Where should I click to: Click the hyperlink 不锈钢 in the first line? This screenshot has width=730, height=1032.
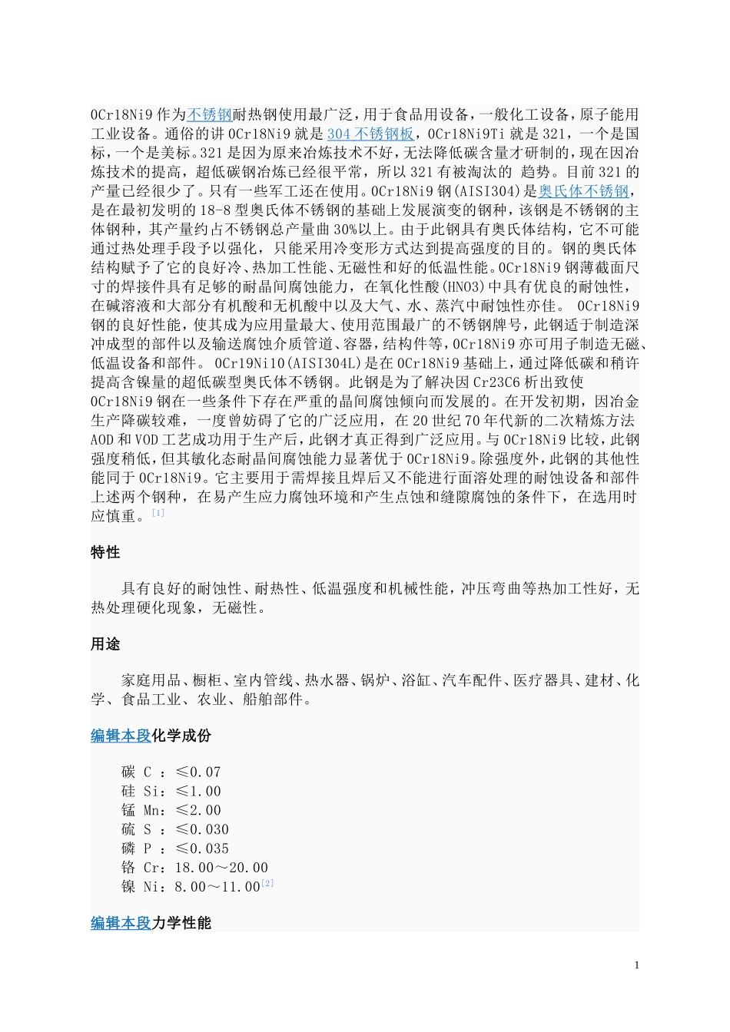click(210, 115)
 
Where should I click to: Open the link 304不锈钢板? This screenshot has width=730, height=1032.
click(370, 134)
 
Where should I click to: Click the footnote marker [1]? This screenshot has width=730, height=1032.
click(158, 513)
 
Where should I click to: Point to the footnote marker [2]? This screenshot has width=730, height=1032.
click(267, 884)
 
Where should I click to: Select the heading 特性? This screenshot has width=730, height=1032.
click(105, 553)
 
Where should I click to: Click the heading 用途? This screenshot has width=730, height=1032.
click(105, 644)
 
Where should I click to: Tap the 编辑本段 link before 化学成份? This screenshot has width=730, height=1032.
click(121, 736)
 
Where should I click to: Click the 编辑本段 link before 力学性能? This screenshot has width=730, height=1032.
click(121, 924)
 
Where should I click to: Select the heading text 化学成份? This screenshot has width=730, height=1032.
click(181, 736)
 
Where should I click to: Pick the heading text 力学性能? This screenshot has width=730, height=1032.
click(181, 924)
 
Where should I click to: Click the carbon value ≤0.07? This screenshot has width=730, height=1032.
click(198, 772)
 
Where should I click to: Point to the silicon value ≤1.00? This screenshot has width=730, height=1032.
click(198, 792)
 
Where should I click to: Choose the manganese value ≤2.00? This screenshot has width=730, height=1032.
click(198, 811)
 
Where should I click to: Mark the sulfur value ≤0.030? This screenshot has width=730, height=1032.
click(202, 830)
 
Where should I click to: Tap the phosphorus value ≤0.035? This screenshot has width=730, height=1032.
click(202, 849)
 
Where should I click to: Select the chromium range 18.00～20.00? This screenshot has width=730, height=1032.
click(221, 868)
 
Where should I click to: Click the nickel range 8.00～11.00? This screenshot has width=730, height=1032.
click(217, 888)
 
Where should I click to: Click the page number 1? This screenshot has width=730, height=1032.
click(636, 966)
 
